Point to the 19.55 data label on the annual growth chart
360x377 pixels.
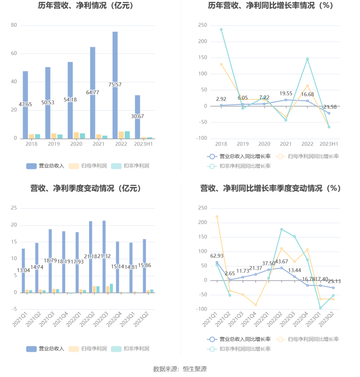286,93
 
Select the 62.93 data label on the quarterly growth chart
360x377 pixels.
217,256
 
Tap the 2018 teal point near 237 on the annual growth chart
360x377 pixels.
221,30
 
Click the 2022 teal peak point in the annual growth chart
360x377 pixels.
307,59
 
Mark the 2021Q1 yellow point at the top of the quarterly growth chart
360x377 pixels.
217,217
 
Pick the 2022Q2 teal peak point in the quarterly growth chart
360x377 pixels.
282,229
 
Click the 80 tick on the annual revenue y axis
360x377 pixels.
14,25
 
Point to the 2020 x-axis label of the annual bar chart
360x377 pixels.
76,144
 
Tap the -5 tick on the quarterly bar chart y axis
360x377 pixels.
14,309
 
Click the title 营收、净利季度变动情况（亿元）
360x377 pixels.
86,188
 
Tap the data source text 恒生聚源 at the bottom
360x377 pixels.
195,369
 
